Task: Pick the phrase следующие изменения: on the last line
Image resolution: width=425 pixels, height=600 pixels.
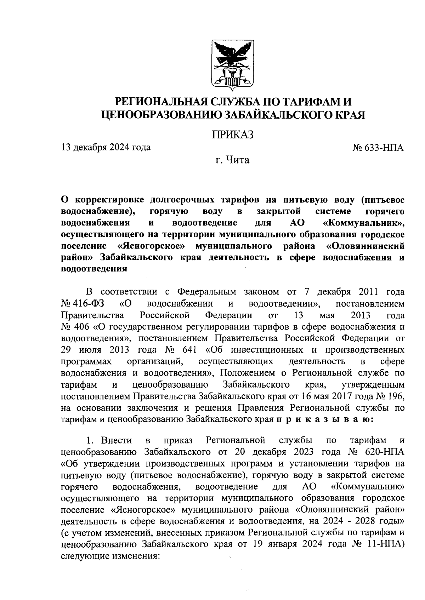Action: click(x=110, y=555)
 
